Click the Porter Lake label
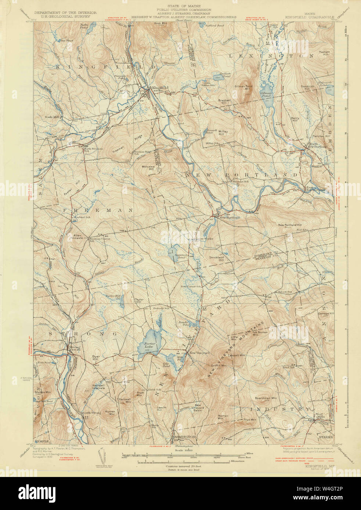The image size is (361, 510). click(151, 345)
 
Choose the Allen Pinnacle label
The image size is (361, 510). click(77, 237)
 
